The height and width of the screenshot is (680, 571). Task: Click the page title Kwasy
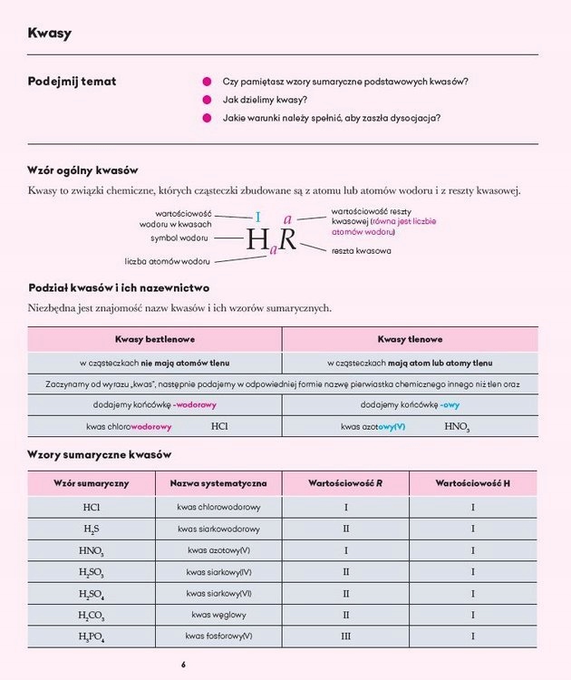(50, 34)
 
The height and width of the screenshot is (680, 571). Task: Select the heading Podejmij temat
(73, 82)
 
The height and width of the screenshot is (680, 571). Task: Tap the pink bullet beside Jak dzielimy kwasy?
(207, 100)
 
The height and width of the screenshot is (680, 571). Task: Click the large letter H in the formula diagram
(258, 239)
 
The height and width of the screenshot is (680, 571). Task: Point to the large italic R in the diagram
(287, 239)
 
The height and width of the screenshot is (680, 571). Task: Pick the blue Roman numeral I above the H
(257, 217)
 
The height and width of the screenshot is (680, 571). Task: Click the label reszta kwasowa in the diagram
(362, 250)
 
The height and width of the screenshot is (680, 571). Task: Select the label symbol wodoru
(180, 238)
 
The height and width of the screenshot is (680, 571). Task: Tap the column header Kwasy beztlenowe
(154, 339)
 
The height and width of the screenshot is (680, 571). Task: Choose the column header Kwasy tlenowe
(410, 339)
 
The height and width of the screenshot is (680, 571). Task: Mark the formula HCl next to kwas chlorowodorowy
(219, 426)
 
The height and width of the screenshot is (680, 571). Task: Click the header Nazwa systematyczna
(218, 483)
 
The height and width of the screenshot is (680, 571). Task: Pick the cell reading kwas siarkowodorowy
(218, 529)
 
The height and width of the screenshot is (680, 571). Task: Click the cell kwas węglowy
(218, 615)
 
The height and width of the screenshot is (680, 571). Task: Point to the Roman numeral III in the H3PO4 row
(345, 636)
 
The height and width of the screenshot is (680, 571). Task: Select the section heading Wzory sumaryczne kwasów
(100, 454)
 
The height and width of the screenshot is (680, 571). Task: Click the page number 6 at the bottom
(183, 665)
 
